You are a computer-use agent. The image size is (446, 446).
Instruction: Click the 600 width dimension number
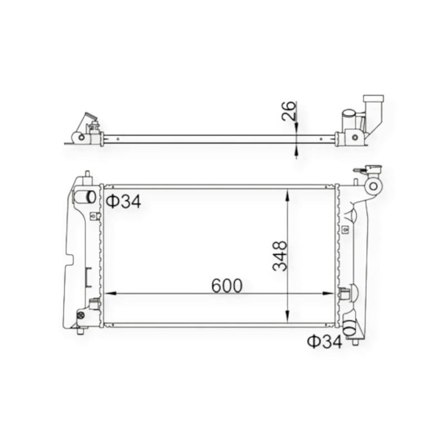(227, 285)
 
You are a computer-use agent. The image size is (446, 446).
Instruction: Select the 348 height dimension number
(280, 256)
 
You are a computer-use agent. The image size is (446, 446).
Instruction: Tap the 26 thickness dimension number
(288, 110)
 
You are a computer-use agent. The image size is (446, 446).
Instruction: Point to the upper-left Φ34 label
(123, 201)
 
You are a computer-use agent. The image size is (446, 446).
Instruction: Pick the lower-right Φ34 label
(324, 341)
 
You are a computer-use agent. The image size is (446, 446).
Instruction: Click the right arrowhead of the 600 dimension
(328, 293)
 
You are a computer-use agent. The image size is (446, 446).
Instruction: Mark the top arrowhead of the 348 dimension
(288, 195)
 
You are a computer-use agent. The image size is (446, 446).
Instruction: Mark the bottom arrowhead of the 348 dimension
(288, 316)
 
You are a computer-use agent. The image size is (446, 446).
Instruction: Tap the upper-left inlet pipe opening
(91, 197)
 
